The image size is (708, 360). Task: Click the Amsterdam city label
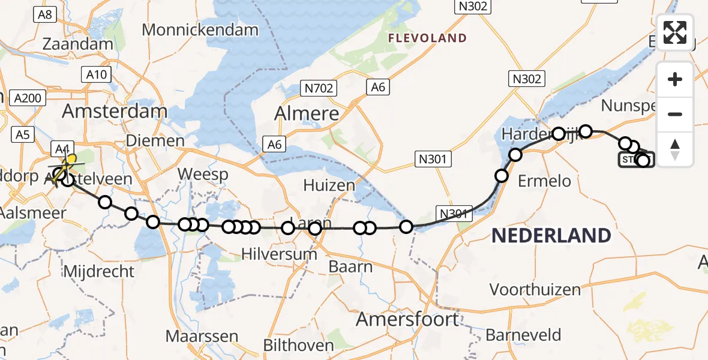115,112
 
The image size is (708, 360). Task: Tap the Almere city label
307,113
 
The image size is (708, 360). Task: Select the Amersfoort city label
407,319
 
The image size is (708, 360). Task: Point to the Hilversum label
279,254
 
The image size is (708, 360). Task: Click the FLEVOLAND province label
427,38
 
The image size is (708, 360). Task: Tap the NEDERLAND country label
551,236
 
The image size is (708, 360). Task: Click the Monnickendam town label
200,30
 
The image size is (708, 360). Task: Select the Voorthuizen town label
535,290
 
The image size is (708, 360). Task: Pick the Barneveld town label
524,335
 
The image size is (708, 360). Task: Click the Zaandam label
78,44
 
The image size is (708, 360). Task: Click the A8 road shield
46,14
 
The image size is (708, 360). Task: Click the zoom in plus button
675,79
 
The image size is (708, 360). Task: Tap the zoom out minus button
675,114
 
